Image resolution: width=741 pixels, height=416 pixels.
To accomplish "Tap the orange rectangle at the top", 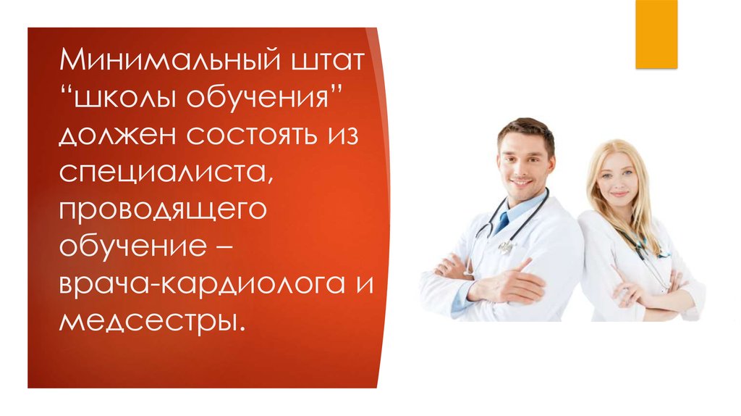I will click(656, 34).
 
